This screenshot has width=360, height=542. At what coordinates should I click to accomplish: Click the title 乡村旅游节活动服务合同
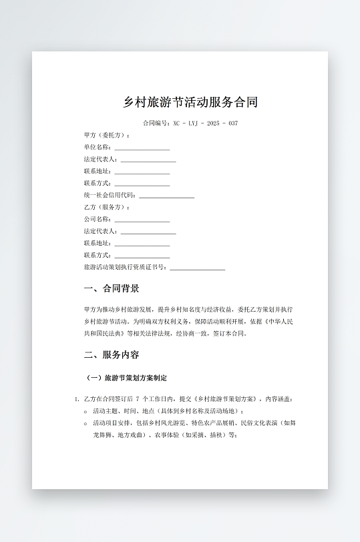[190, 102]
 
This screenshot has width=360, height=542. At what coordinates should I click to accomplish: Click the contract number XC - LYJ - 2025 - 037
[205, 123]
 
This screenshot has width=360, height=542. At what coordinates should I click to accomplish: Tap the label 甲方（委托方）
[107, 135]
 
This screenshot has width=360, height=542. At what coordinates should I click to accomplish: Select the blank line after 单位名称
[142, 148]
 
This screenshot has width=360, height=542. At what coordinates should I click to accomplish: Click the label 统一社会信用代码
[110, 196]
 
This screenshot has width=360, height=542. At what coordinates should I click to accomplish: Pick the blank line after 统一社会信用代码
[166, 197]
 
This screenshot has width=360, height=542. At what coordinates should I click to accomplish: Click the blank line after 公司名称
[142, 220]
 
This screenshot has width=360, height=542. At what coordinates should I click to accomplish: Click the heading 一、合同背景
[112, 289]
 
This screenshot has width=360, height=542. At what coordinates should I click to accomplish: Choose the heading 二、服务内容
[112, 354]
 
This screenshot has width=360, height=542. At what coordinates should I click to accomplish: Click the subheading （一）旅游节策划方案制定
[126, 378]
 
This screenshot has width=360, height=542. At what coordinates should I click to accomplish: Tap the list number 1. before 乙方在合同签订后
[77, 399]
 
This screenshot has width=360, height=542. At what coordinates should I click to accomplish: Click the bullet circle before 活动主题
[86, 411]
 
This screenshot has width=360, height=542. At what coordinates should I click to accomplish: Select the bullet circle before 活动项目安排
[86, 423]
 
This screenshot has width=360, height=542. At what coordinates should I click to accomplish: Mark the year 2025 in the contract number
[213, 123]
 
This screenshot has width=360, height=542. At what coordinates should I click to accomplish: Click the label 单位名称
[98, 148]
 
